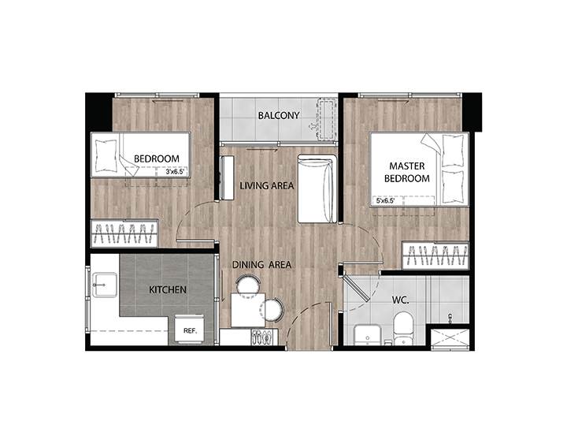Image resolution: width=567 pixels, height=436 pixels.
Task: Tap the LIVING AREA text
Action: pos(267,186)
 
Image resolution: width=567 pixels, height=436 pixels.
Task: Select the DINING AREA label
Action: pos(261,265)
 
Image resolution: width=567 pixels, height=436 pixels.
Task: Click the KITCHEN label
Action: pos(168,289)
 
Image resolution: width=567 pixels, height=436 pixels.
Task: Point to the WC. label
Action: pos(401,300)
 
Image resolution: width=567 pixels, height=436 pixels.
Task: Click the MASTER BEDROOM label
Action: pos(407,172)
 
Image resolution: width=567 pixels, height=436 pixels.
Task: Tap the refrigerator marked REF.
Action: pos(191,329)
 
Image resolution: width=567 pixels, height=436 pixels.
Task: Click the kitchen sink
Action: pos(105,285)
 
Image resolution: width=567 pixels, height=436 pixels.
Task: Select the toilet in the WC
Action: pos(403,329)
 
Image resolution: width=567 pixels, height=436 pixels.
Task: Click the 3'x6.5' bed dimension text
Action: pos(176,172)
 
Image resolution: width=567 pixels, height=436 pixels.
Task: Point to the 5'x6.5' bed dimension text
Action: pos(385,200)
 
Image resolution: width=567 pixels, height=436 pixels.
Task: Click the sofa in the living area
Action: pos(317,188)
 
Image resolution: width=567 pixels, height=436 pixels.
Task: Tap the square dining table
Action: pos(248,310)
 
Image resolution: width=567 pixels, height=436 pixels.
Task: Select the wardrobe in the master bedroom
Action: pos(435,255)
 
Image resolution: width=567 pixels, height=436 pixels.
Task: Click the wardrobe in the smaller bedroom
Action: pos(124,233)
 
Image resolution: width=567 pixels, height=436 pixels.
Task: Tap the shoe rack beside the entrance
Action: pos(265,337)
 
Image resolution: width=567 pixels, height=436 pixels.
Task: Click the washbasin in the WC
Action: pos(367,334)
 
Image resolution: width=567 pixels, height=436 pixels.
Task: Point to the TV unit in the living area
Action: pos(227,177)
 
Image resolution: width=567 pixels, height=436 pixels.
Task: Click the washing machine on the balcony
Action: pos(327,119)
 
